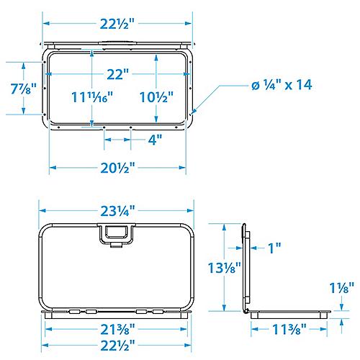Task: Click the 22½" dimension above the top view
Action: pyautogui.click(x=117, y=24)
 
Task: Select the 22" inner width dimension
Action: pyautogui.click(x=117, y=74)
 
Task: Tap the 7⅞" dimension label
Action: pyautogui.click(x=24, y=89)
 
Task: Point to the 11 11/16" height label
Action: pyautogui.click(x=92, y=97)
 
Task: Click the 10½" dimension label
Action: pyautogui.click(x=156, y=97)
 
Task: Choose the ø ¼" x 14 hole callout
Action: pyautogui.click(x=282, y=85)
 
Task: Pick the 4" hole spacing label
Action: pyautogui.click(x=155, y=140)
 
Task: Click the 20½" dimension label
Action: pyautogui.click(x=117, y=168)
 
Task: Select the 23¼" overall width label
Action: pyautogui.click(x=117, y=211)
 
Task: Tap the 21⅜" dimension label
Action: pyautogui.click(x=117, y=329)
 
